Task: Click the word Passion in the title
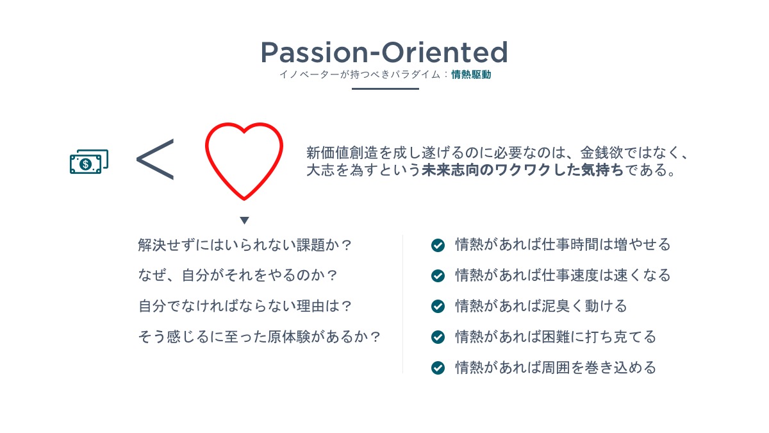point(314,53)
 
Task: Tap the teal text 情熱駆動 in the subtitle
point(471,74)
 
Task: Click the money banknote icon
point(89,162)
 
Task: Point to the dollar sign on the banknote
point(85,164)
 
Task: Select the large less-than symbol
point(155,160)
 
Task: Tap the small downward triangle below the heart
point(244,220)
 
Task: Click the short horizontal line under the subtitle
point(385,89)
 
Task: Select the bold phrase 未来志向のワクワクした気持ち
point(522,170)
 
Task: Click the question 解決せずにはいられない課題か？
point(245,245)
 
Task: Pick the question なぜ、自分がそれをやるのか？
point(238,276)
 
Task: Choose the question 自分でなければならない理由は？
point(245,306)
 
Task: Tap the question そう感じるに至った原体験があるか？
point(260,337)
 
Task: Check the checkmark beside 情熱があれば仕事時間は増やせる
point(438,245)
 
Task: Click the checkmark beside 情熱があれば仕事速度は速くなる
point(438,276)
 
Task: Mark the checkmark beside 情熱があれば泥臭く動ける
point(438,306)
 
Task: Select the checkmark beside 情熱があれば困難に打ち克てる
point(438,337)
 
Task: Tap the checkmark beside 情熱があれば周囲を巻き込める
point(438,368)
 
